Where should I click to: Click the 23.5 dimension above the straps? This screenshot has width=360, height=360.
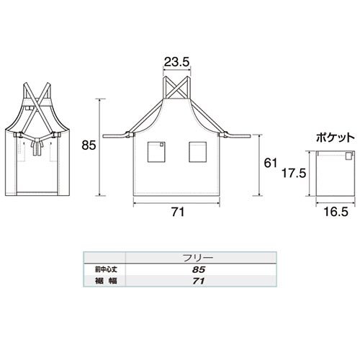(177, 62)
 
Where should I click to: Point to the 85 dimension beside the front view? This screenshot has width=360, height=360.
(89, 145)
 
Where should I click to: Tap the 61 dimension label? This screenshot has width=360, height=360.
(271, 163)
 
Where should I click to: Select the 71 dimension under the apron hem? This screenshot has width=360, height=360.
(178, 212)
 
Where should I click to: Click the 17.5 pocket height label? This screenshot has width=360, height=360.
(294, 173)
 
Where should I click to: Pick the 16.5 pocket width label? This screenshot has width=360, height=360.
(336, 212)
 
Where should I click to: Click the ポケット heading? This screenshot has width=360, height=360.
(336, 138)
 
